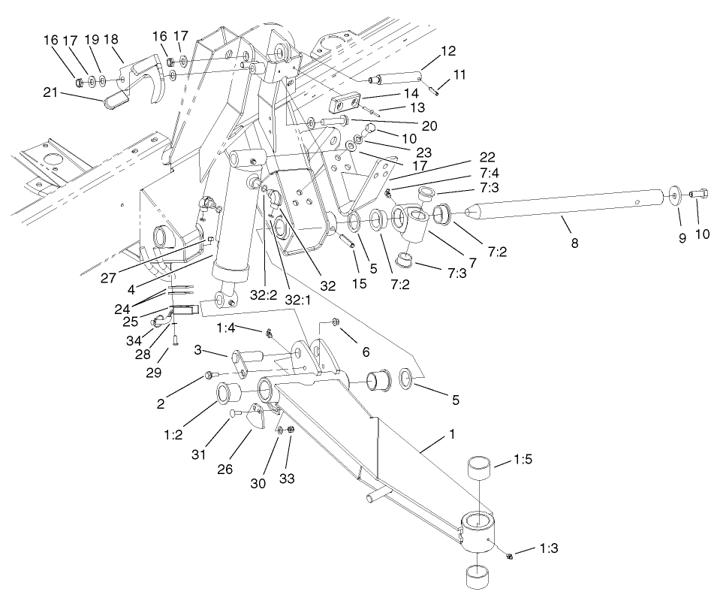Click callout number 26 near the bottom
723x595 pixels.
(224, 469)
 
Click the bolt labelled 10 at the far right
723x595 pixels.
(695, 195)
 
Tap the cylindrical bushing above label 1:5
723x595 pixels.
(480, 469)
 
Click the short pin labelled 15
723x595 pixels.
(346, 242)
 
